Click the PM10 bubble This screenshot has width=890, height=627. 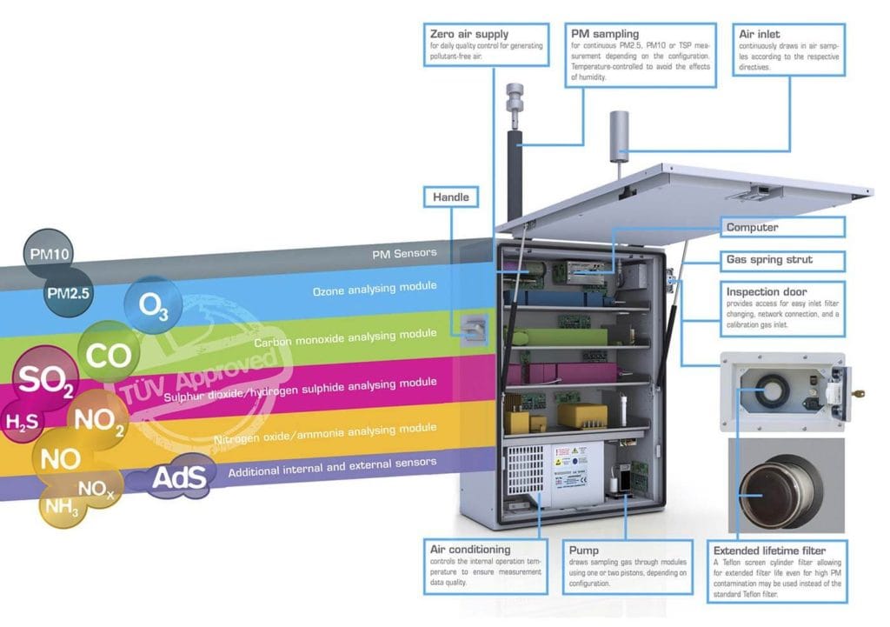tap(50, 254)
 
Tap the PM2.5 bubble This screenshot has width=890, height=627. tap(69, 292)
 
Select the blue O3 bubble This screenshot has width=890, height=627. tap(152, 306)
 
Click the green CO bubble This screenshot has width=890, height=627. tap(110, 355)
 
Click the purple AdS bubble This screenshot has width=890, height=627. tap(178, 477)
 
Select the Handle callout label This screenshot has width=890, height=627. tap(450, 197)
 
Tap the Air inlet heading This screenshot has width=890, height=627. tap(758, 33)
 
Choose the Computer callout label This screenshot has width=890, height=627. tap(753, 228)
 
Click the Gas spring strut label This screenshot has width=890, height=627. tap(769, 259)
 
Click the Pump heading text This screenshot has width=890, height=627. tap(584, 550)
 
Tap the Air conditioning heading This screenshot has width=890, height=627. tap(470, 550)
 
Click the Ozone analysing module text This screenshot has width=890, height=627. tap(375, 287)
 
